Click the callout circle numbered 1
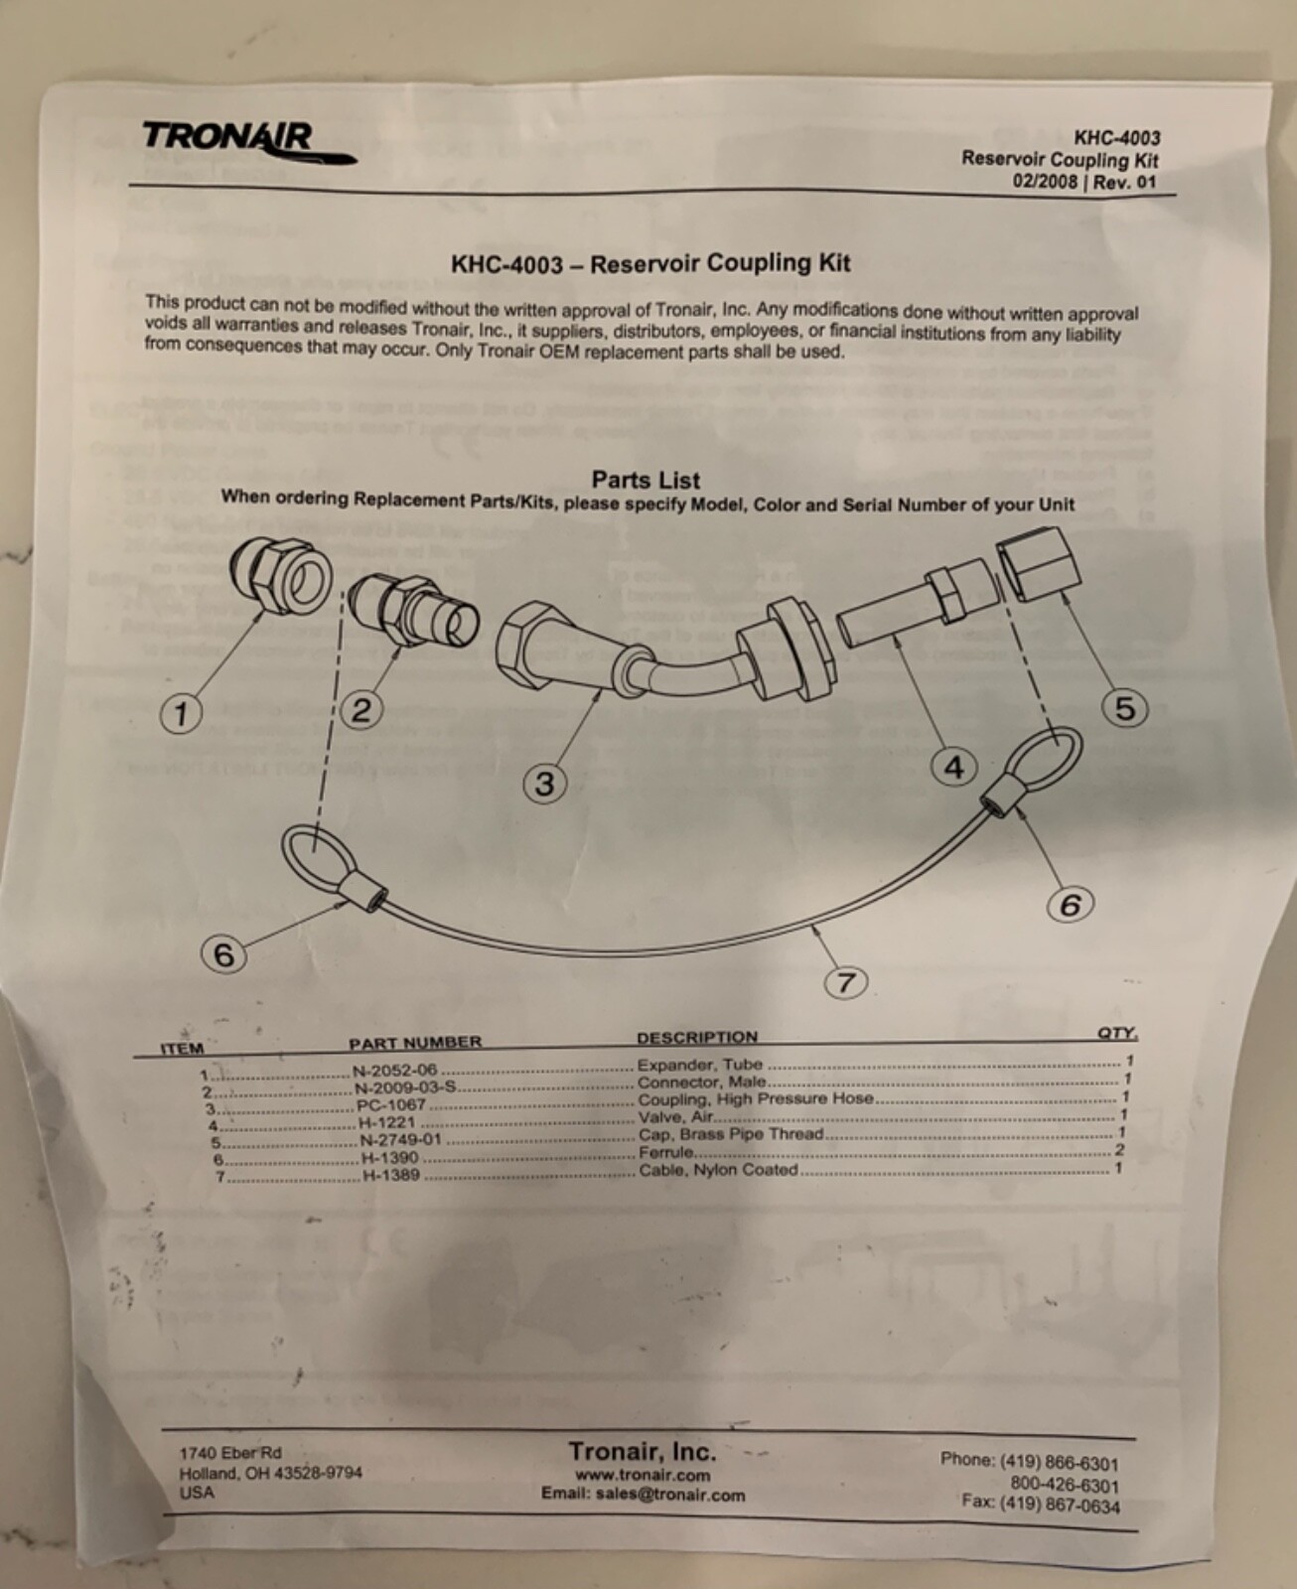click(x=181, y=713)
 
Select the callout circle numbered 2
click(x=361, y=710)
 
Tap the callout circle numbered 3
click(x=545, y=784)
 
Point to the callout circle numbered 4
click(x=954, y=767)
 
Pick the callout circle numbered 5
click(x=1124, y=708)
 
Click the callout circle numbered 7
click(x=846, y=982)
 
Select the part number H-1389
click(x=390, y=1175)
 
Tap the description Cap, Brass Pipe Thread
click(x=730, y=1134)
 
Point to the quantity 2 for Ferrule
click(x=1119, y=1150)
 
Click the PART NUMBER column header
click(x=415, y=1042)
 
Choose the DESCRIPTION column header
click(x=697, y=1037)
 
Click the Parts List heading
click(x=646, y=480)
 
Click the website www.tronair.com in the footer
click(x=643, y=1475)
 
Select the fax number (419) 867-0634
click(x=1040, y=1505)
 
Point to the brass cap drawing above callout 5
click(x=1034, y=563)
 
